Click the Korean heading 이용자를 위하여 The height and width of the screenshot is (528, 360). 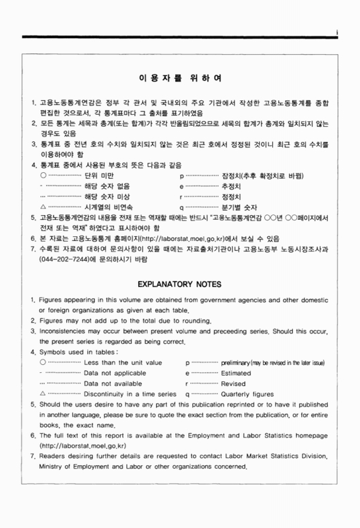(180, 79)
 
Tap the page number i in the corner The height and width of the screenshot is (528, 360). (337, 31)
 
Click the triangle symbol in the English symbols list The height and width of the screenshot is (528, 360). (43, 394)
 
